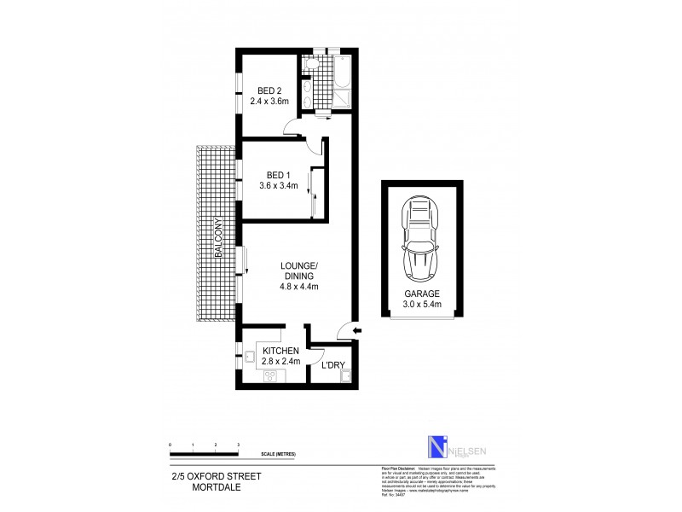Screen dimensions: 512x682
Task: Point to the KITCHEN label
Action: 280,351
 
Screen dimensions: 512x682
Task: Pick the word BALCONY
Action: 218,238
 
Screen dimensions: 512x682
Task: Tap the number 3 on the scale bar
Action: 239,445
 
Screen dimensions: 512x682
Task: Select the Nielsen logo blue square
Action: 436,447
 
